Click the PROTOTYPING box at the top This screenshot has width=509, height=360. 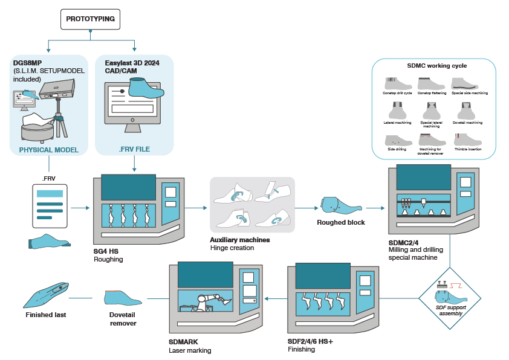coord(91,19)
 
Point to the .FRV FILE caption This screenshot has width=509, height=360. coord(134,149)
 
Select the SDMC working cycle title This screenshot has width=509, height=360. coord(433,65)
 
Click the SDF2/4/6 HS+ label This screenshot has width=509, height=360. coord(316,341)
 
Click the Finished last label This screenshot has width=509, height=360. coord(46,314)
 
